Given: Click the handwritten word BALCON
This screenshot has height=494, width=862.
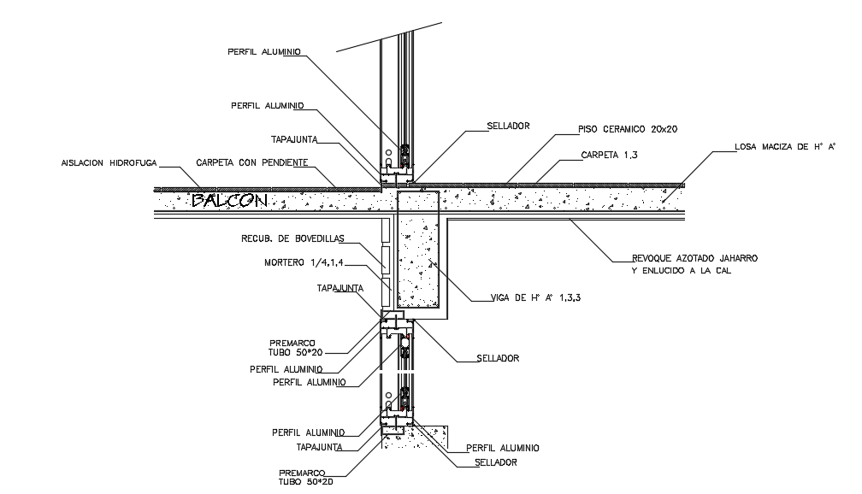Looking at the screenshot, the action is (230, 201).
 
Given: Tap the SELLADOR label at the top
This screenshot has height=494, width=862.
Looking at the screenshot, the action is (509, 126).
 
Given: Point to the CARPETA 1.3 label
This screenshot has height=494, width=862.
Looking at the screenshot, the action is (609, 155).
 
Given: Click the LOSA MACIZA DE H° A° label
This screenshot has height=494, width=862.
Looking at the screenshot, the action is (785, 147).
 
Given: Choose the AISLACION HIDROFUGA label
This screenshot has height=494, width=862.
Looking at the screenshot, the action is (109, 163).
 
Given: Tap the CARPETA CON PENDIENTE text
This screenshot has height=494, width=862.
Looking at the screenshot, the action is (251, 162).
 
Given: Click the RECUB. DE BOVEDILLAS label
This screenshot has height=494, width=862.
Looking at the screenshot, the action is (292, 238).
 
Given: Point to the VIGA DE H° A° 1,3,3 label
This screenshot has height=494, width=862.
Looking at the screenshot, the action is (536, 297).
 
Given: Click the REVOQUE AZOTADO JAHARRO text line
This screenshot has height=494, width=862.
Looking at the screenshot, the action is (695, 258).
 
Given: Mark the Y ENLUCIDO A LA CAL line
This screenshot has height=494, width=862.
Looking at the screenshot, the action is (682, 271).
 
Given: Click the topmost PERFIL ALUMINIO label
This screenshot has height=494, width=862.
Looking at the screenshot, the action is (264, 51).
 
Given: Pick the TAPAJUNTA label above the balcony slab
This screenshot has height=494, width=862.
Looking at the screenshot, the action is (294, 139).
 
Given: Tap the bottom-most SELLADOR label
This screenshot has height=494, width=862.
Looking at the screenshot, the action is (496, 462).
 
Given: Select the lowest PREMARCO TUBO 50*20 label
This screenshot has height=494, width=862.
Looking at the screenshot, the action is (306, 478).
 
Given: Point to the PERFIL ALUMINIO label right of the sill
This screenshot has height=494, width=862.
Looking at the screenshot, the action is (503, 449).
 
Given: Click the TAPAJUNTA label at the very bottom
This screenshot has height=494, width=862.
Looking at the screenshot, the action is (319, 447).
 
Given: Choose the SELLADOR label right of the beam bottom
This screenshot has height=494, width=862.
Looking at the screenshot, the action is (498, 358).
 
